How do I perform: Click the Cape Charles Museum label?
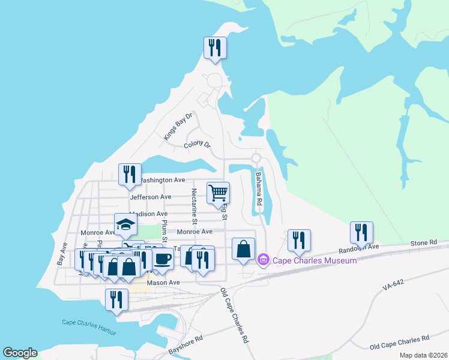[x=315, y=260]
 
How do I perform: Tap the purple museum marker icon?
[x=262, y=260]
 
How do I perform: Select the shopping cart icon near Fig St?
[x=218, y=193]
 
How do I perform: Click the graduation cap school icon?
[x=126, y=224]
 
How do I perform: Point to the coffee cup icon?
[x=161, y=258]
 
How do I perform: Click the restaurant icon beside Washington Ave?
[x=130, y=174]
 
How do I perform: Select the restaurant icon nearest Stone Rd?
[x=361, y=232]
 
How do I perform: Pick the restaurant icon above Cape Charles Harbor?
[x=116, y=299]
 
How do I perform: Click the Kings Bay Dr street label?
[x=178, y=127]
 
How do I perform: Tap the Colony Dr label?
[x=197, y=145]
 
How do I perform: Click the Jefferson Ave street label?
[x=150, y=197]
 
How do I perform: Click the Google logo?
[x=20, y=353]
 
